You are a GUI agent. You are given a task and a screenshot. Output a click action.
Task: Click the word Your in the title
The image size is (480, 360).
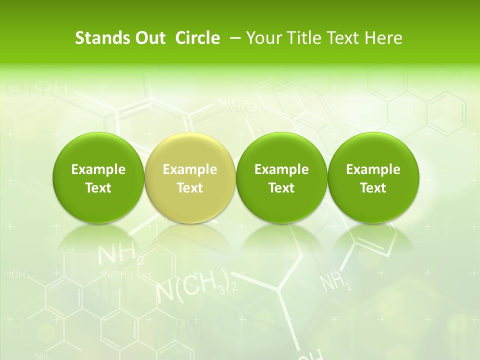click(263, 38)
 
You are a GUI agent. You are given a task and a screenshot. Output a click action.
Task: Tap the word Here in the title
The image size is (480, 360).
click(383, 38)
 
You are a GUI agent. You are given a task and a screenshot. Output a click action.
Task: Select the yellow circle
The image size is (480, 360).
click(189, 177)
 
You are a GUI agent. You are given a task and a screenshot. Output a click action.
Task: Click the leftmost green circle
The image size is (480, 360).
click(98, 177)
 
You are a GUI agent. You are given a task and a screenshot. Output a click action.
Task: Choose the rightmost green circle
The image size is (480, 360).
click(373, 177)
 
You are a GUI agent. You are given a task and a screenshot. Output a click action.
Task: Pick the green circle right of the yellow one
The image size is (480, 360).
click(281, 177)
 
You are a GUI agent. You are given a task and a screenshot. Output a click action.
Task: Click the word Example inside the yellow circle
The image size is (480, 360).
click(190, 169)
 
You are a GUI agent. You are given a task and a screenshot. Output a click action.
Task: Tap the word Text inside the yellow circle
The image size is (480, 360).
click(190, 188)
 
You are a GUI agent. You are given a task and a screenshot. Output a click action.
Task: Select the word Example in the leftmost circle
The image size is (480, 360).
click(98, 169)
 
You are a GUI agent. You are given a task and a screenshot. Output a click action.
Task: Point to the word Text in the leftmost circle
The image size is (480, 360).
click(98, 188)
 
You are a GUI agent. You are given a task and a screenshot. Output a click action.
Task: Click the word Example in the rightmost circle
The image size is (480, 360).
click(373, 169)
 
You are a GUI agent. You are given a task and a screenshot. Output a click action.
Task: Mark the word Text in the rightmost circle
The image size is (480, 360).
click(373, 188)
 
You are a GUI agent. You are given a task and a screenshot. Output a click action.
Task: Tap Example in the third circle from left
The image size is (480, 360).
click(281, 169)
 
